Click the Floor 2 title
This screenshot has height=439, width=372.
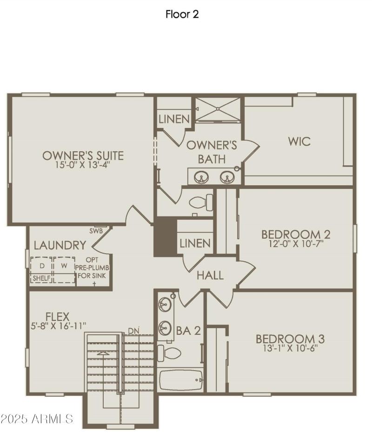click(182, 14)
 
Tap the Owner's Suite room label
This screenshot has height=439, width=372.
click(83, 155)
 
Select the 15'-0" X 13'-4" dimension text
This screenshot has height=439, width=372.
click(83, 165)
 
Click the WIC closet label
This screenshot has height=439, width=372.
click(299, 141)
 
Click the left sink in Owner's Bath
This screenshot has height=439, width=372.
click(201, 177)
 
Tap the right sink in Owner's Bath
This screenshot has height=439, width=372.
click(227, 177)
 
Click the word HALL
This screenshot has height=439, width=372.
click(210, 275)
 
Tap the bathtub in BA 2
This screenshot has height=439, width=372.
click(181, 380)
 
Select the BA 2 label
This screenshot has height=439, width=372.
click(188, 331)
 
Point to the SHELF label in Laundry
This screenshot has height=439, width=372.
click(41, 278)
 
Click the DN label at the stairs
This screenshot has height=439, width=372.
click(133, 331)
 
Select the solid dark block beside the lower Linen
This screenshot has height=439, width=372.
click(165, 237)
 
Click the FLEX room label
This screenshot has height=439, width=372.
click(57, 317)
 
